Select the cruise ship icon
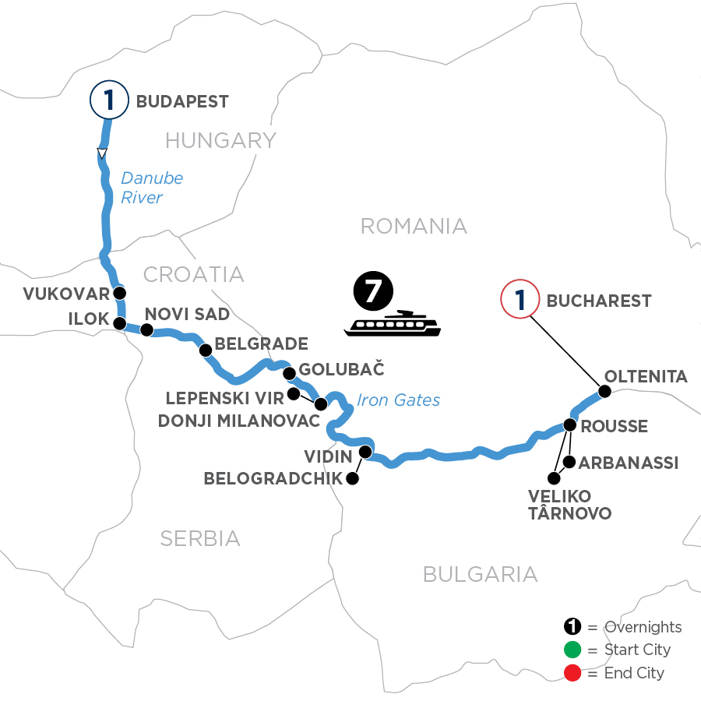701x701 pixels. click(x=393, y=323)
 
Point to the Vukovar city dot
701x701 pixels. click(x=119, y=294)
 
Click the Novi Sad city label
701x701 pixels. click(x=187, y=314)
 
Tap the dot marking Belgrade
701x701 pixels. click(x=206, y=350)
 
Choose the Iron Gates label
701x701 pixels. click(x=398, y=400)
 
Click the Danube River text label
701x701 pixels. click(x=152, y=188)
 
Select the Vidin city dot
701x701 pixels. click(x=365, y=452)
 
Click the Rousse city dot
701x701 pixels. click(x=569, y=425)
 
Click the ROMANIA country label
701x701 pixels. click(x=414, y=226)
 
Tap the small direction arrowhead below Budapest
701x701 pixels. click(x=101, y=152)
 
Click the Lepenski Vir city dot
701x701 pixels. click(x=294, y=394)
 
